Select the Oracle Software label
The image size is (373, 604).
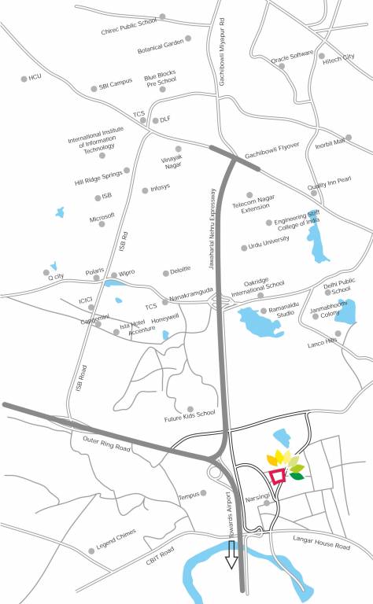291,58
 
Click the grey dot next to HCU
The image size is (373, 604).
24,78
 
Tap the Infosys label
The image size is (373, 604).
160,189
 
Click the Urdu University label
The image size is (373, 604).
270,248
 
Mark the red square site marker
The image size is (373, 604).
277,475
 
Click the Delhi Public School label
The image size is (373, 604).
341,285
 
